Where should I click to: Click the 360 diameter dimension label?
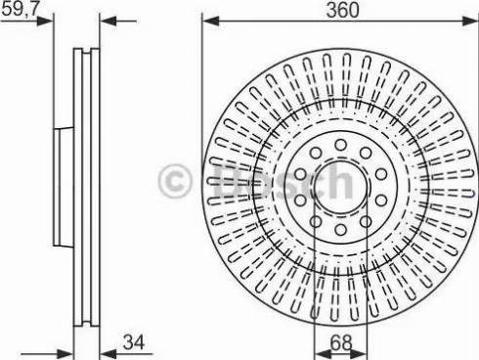click(342, 10)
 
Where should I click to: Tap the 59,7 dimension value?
click(21, 10)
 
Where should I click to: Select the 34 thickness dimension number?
click(134, 342)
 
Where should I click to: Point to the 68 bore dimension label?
click(341, 342)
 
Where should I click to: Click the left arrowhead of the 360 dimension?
click(211, 22)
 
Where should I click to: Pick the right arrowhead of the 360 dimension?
click(470, 22)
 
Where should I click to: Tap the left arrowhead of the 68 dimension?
click(323, 354)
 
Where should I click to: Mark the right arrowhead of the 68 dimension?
click(359, 354)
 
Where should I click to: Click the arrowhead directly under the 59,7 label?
click(44, 22)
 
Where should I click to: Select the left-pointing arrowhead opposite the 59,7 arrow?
click(108, 22)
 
